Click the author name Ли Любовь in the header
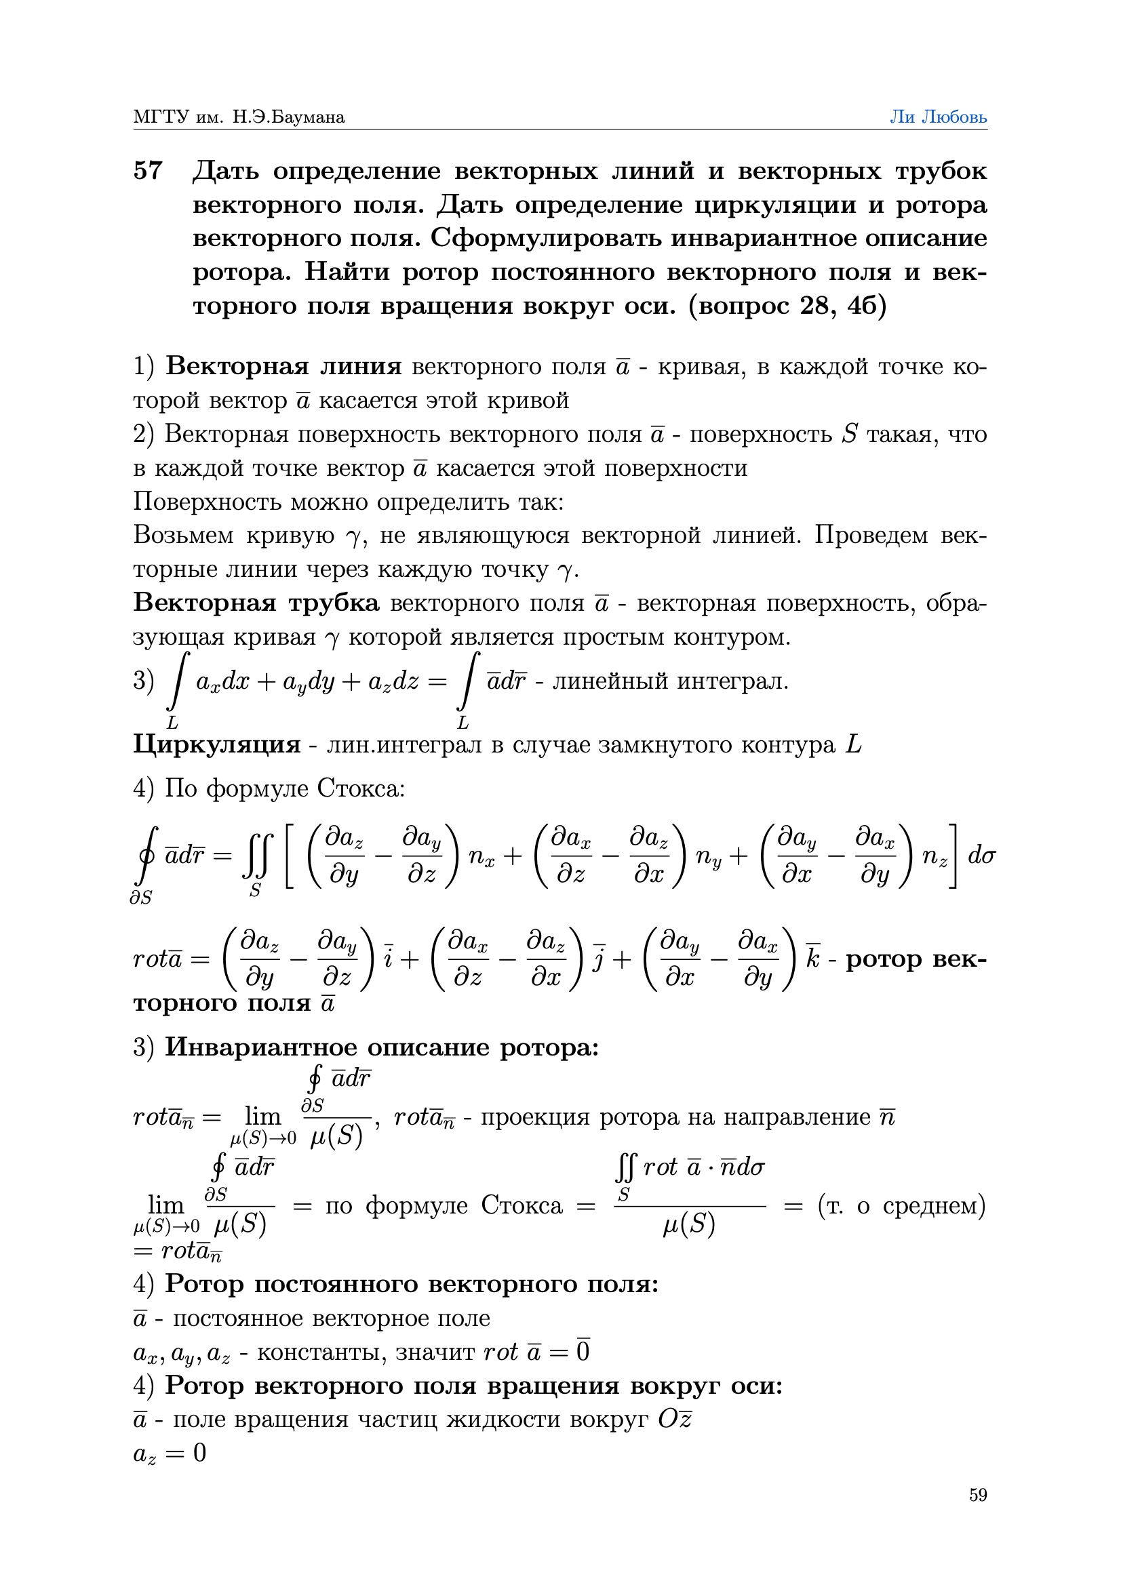tap(937, 117)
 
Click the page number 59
tap(977, 1495)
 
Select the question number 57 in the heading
tap(148, 171)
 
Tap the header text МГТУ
tap(160, 117)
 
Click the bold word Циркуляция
tap(216, 745)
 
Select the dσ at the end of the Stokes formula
tap(981, 856)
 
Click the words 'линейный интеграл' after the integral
tap(670, 682)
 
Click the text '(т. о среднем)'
tap(901, 1205)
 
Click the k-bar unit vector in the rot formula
tap(812, 959)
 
